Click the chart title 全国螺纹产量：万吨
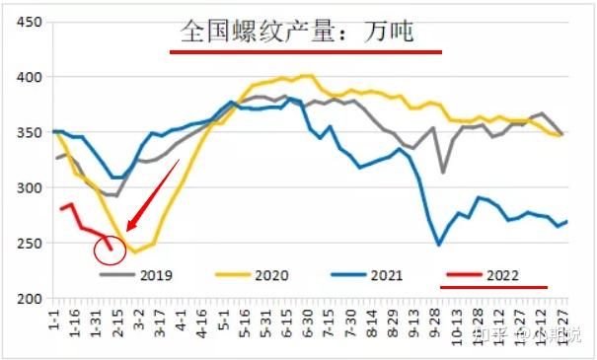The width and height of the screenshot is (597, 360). pyautogui.click(x=297, y=34)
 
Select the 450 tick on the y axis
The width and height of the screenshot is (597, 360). pyautogui.click(x=30, y=22)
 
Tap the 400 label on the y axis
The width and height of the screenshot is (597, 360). pyautogui.click(x=30, y=77)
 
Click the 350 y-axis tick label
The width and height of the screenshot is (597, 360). pyautogui.click(x=30, y=132)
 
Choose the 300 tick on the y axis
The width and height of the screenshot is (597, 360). pyautogui.click(x=30, y=187)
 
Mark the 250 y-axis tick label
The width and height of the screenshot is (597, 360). pyautogui.click(x=30, y=243)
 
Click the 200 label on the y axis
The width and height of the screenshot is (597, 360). pyautogui.click(x=30, y=298)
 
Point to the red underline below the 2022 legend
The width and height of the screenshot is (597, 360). pyautogui.click(x=493, y=289)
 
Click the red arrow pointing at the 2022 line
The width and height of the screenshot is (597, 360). pyautogui.click(x=152, y=196)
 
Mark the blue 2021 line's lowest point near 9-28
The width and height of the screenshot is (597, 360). pyautogui.click(x=439, y=245)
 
